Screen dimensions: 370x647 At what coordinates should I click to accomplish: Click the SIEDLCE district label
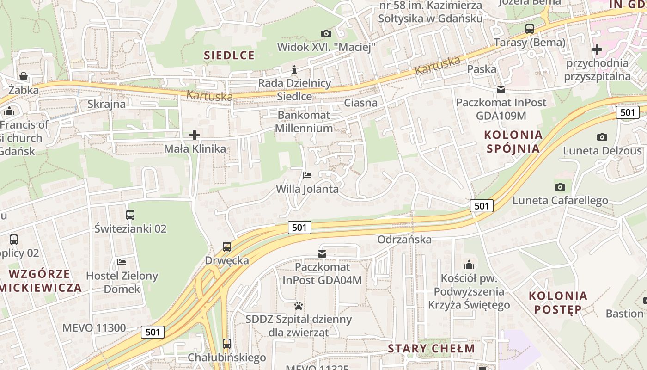coord(229,55)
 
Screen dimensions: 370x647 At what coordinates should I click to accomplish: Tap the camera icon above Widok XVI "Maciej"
coord(326,33)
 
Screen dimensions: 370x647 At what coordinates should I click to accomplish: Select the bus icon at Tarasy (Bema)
coord(530,29)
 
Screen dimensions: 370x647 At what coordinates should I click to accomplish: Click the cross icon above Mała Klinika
coord(195,135)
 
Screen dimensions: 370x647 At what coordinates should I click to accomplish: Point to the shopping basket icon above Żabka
coord(23,76)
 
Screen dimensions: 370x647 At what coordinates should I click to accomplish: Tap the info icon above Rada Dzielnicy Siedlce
coord(294,70)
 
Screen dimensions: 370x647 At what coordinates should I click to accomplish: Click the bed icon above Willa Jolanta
coord(307,175)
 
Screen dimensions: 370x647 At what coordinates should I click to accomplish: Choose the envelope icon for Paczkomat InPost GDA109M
coord(501,89)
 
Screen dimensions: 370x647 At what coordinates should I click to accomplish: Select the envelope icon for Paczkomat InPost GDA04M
coord(322,253)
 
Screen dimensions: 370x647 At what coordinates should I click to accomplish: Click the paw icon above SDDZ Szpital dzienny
coord(299,306)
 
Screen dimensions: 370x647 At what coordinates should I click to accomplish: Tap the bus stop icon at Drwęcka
coord(226,247)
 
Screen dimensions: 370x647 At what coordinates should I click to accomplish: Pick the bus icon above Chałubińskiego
coord(226,344)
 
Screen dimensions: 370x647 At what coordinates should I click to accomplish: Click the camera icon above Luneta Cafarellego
coord(560,187)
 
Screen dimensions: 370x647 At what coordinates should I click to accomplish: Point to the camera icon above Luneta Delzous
coord(602,137)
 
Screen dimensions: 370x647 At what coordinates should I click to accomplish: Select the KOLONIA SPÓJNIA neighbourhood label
coord(512,142)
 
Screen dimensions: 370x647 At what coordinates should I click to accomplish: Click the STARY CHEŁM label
coord(431,348)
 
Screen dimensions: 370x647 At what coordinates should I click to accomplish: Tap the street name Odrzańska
coord(404,239)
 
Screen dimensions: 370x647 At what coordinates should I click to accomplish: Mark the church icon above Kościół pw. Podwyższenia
coord(469,265)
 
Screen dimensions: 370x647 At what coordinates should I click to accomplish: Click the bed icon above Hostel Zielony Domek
coord(122,262)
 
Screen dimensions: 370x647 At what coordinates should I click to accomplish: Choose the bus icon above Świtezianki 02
coord(130,215)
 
